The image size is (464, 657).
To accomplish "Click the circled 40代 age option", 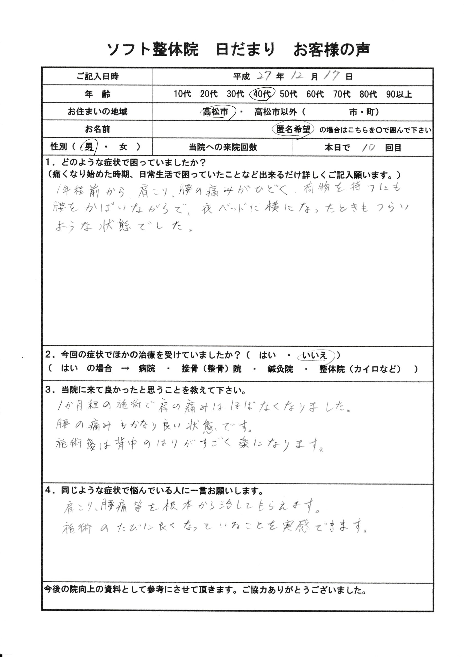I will [262, 94].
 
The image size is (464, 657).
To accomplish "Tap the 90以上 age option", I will [399, 94].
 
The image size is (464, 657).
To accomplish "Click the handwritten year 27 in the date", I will [266, 76].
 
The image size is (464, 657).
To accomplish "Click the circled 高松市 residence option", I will [216, 112].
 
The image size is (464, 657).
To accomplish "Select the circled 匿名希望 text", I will [293, 130].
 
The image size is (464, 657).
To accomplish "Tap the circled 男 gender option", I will [89, 147].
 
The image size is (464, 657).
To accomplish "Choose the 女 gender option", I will [123, 147].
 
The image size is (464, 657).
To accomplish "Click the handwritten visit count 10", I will [368, 148].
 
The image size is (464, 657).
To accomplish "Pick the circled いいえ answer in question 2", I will [315, 355].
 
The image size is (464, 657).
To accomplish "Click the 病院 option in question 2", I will [147, 369].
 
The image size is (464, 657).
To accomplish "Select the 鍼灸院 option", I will [280, 369].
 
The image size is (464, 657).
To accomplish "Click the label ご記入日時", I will [97, 76].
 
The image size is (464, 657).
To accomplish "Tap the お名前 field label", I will [97, 129].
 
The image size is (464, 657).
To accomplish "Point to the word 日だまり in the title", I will [245, 50].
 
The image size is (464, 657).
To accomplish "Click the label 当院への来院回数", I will [223, 147].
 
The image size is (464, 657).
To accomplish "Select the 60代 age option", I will [315, 94].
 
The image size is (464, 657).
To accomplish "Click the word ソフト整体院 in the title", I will [153, 50].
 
